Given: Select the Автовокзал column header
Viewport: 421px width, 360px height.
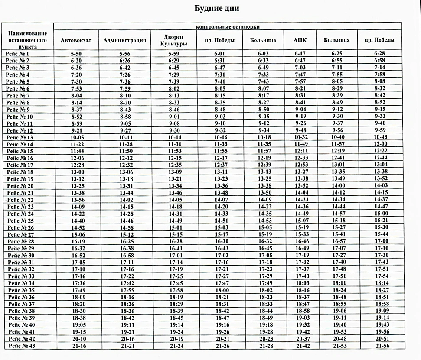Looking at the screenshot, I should point(76,41).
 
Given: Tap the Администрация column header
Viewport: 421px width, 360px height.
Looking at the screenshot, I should point(124,41).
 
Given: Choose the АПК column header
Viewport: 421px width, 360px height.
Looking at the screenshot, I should point(300,41).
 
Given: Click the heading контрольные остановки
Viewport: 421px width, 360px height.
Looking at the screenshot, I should point(228,27).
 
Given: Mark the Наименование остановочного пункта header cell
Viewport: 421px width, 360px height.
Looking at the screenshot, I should point(27,39).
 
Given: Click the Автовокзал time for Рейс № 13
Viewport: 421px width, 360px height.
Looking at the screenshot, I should point(76,137).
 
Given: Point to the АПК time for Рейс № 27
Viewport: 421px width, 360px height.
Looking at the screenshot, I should point(300,234).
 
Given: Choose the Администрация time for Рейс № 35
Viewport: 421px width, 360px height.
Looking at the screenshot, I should point(124,290).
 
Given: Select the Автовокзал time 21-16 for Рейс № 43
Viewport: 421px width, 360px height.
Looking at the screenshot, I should point(76,345).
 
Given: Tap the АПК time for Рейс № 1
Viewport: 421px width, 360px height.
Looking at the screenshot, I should point(300,53).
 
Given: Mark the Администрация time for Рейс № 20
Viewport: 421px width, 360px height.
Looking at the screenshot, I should point(124,185).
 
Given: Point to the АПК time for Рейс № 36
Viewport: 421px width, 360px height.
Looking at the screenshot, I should point(300,297).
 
